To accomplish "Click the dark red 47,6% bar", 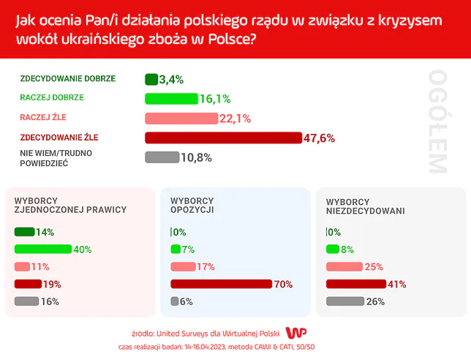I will (223, 138).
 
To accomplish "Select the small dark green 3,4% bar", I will (151, 79).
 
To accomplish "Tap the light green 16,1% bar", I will (172, 99).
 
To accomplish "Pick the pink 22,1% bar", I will (181, 119).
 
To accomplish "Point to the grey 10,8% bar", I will (162, 157).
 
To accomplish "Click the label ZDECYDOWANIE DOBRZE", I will (67, 78).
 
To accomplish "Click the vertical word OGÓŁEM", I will (437, 121).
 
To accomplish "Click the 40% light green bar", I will (42, 249).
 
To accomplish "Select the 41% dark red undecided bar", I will (355, 284).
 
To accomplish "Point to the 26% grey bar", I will (344, 301).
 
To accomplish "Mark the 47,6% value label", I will (320, 138).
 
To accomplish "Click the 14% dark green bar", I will (24, 232).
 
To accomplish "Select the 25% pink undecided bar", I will (344, 266).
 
